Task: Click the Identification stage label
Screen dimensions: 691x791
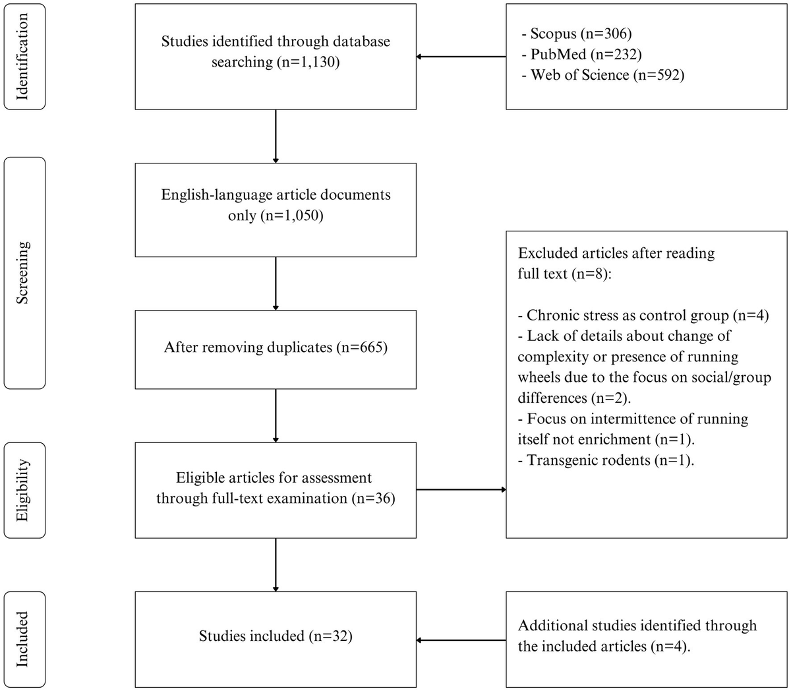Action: (x=24, y=56)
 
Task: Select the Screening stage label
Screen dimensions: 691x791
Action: (x=24, y=272)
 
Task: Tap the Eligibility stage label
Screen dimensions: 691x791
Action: (x=24, y=491)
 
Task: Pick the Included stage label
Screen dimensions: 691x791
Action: (x=24, y=639)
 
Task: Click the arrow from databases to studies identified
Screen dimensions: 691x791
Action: (x=461, y=57)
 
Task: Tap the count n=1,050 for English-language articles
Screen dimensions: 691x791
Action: (x=292, y=216)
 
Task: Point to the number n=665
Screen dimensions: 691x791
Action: (x=361, y=347)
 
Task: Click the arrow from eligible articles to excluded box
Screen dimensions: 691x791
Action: (x=461, y=490)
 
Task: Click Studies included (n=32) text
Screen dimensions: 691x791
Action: (x=276, y=636)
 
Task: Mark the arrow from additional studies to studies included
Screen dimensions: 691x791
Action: (x=461, y=640)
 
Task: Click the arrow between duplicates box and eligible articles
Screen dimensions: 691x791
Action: (x=276, y=415)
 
